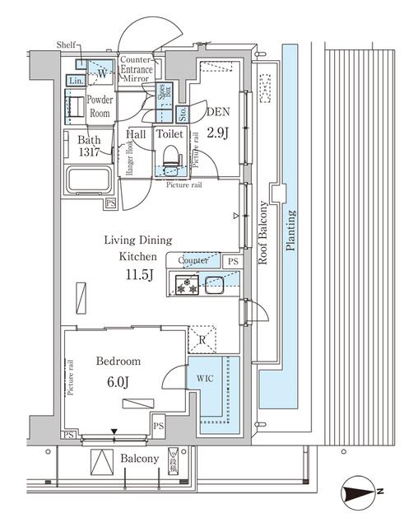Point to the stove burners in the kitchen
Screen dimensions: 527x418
pyautogui.click(x=183, y=287)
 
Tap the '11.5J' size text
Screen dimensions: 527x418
pyautogui.click(x=138, y=274)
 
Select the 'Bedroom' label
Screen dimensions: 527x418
pyautogui.click(x=117, y=361)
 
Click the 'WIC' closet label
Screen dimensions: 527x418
pyautogui.click(x=204, y=379)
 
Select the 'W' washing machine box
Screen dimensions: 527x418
pyautogui.click(x=101, y=73)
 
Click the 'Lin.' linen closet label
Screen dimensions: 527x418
pyautogui.click(x=75, y=81)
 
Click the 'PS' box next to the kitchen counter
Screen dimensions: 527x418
pyautogui.click(x=232, y=263)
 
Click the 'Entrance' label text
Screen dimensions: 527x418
pyautogui.click(x=137, y=70)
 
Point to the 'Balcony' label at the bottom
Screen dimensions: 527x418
pyautogui.click(x=138, y=459)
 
